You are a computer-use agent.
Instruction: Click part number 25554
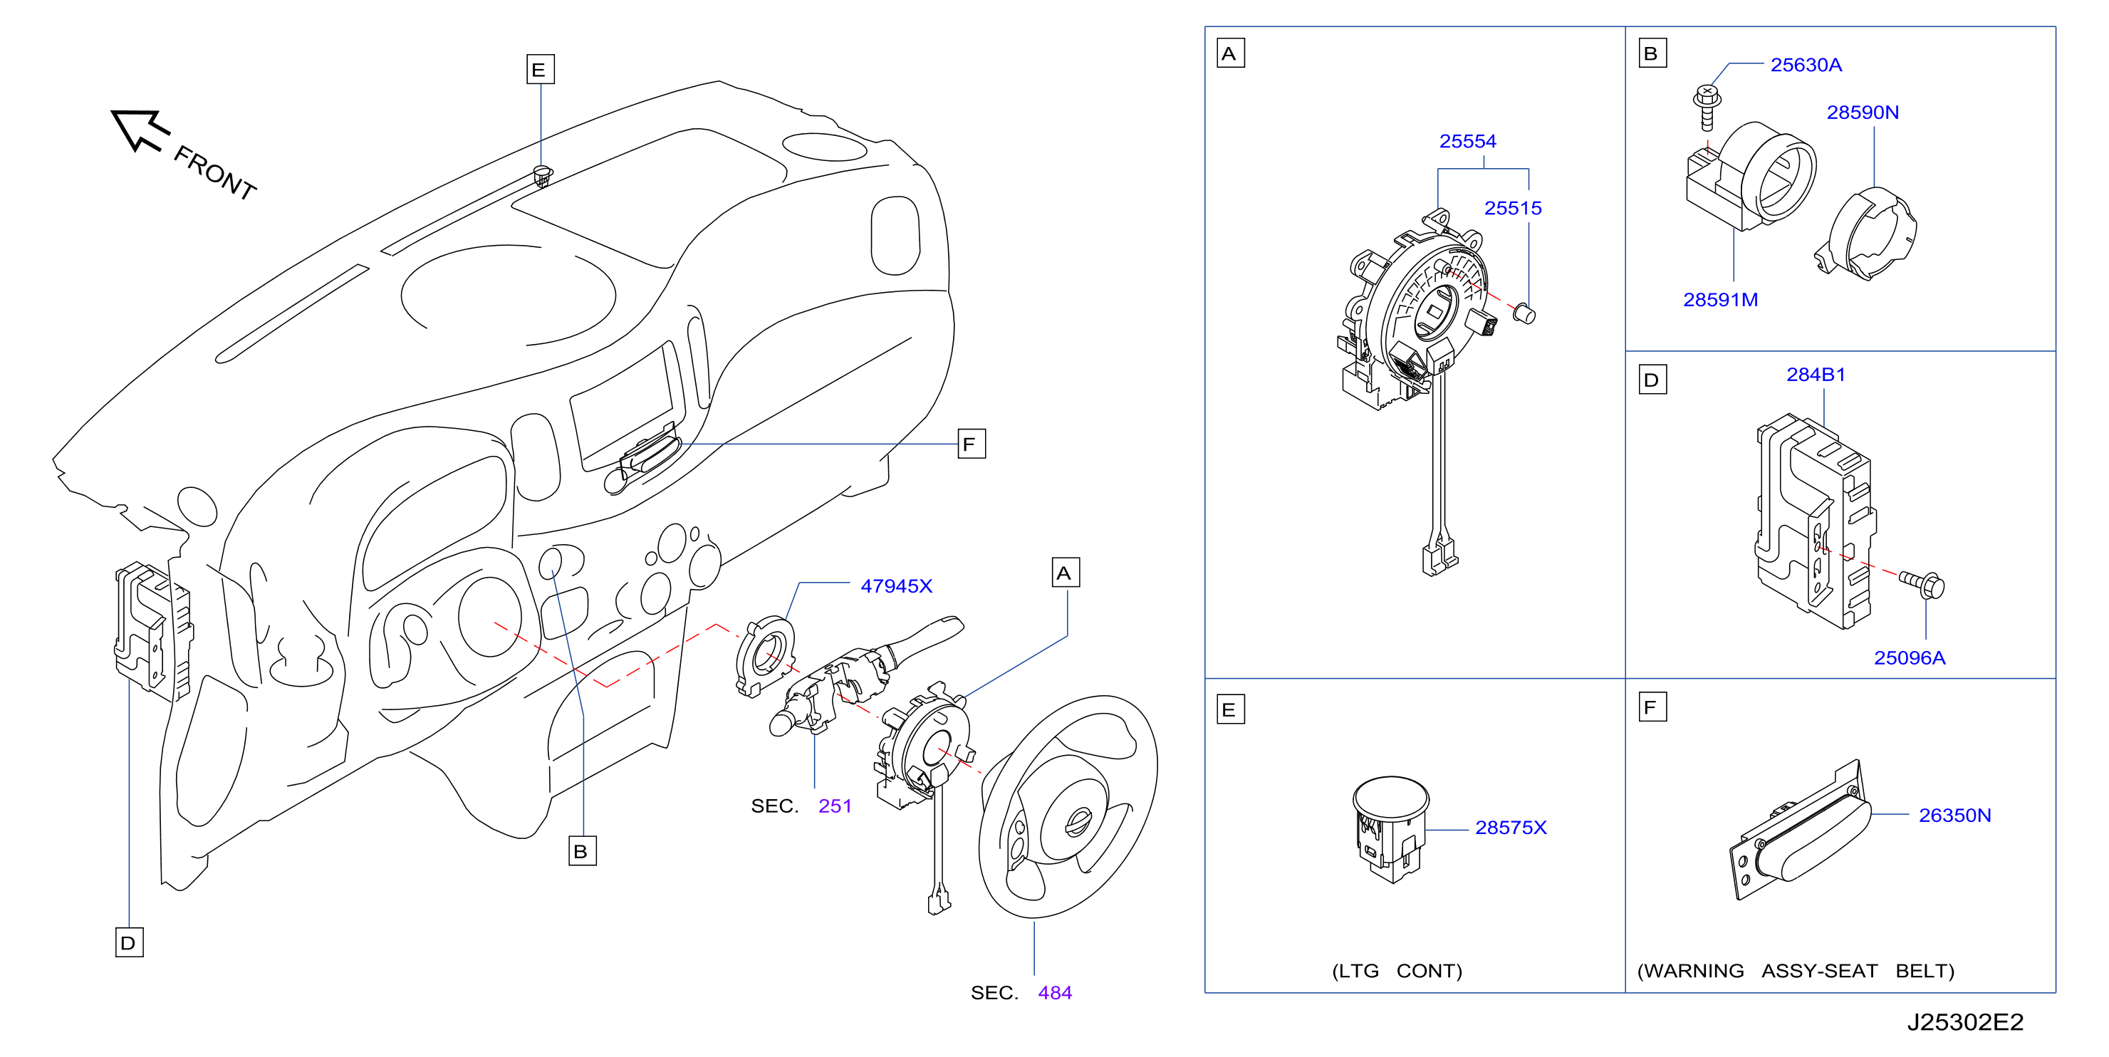pyautogui.click(x=1467, y=142)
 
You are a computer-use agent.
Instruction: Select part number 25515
pyautogui.click(x=1512, y=208)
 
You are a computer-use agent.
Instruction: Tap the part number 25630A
pyautogui.click(x=1806, y=65)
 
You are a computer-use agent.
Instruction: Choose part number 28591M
pyautogui.click(x=1720, y=300)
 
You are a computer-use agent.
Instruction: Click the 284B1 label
pyautogui.click(x=1816, y=374)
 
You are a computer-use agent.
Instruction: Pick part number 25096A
pyautogui.click(x=1910, y=657)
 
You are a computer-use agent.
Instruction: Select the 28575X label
pyautogui.click(x=1511, y=828)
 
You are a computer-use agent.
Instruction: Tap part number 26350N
pyautogui.click(x=1954, y=816)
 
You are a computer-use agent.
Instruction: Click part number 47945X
pyautogui.click(x=896, y=586)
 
